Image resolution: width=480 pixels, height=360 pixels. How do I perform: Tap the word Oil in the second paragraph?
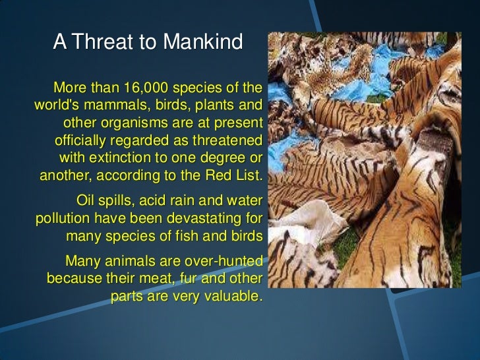pos(88,200)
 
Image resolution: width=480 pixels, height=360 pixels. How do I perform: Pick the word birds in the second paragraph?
pos(245,235)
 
